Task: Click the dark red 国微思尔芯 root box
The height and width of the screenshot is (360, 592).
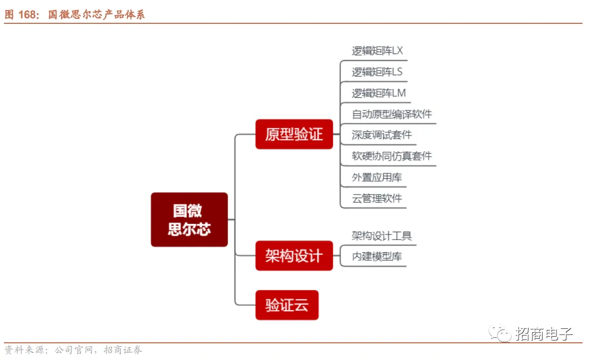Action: click(189, 219)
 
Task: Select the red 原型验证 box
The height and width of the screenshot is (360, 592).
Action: click(294, 134)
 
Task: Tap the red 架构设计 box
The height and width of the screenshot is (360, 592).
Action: click(294, 256)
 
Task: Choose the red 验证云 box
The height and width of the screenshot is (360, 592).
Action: click(287, 305)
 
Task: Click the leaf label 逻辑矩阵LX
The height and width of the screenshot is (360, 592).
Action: click(377, 51)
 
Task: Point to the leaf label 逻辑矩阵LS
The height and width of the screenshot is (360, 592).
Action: click(377, 72)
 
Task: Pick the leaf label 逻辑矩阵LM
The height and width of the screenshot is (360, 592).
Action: click(379, 93)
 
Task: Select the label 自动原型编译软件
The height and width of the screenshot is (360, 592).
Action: click(392, 114)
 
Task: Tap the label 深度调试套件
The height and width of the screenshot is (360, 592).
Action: click(382, 135)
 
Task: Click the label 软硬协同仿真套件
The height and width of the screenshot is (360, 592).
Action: click(392, 156)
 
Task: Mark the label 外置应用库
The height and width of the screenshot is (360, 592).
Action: click(377, 178)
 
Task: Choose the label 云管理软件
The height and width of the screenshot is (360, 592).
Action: click(377, 198)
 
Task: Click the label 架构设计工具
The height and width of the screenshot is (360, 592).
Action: click(382, 236)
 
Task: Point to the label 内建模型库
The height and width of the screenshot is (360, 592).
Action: click(377, 257)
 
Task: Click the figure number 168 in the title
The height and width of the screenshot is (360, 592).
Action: click(27, 15)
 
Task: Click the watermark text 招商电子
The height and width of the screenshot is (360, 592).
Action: click(544, 334)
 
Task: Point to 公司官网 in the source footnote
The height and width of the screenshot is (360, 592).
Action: click(74, 350)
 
